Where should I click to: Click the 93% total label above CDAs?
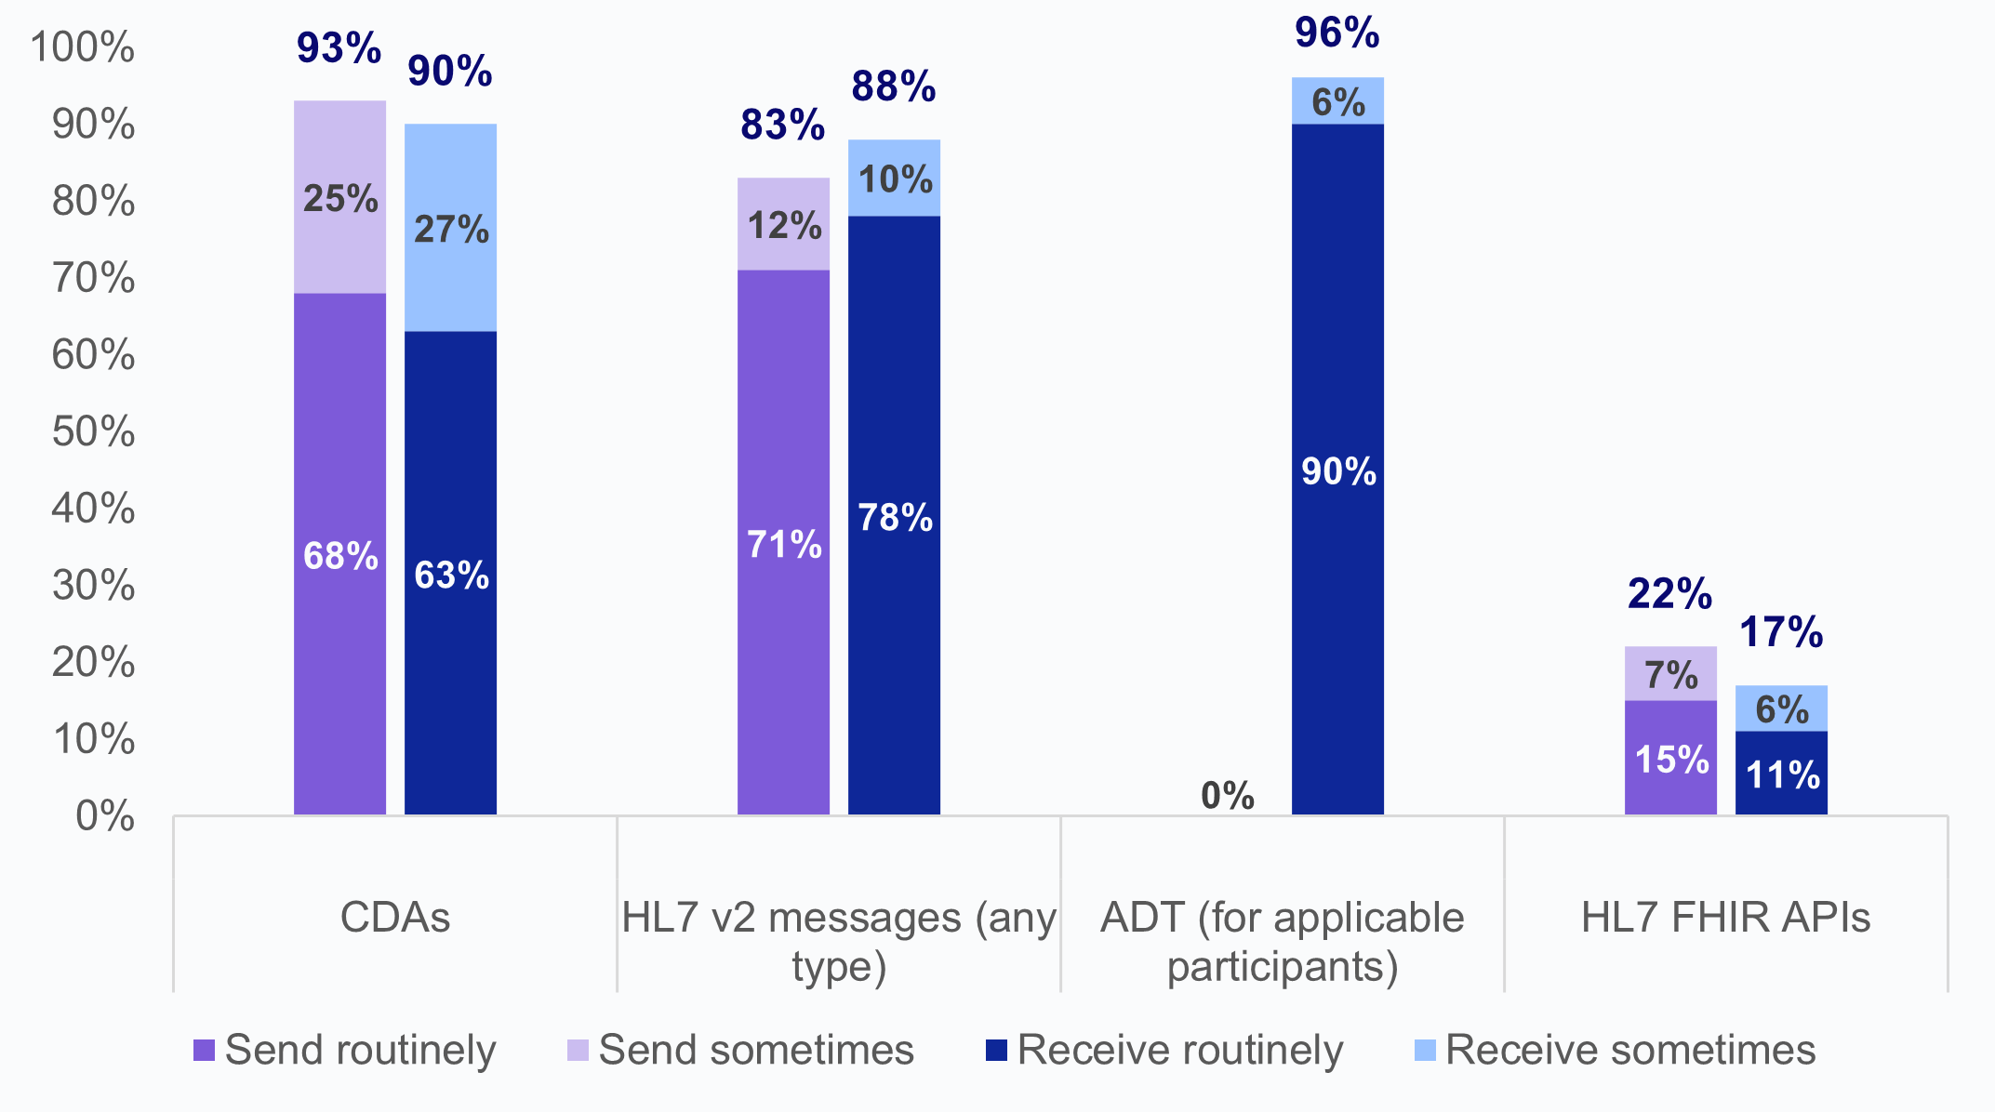pyautogui.click(x=339, y=48)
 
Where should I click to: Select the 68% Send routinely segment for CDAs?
pyautogui.click(x=339, y=555)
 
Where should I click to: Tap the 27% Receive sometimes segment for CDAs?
pyautogui.click(x=450, y=228)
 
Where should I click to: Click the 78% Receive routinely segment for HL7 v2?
pyautogui.click(x=894, y=516)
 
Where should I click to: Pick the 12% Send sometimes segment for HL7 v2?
pyautogui.click(x=783, y=225)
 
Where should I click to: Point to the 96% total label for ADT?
pyautogui.click(x=1337, y=33)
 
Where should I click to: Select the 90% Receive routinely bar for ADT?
pyautogui.click(x=1337, y=470)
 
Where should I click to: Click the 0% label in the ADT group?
pyautogui.click(x=1227, y=796)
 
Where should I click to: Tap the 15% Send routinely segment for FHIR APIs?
pyautogui.click(x=1670, y=759)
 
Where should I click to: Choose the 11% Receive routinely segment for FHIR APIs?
pyautogui.click(x=1781, y=774)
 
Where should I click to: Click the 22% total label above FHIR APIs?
pyautogui.click(x=1669, y=594)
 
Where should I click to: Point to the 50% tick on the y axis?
pyautogui.click(x=93, y=432)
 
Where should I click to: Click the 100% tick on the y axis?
pyautogui.click(x=84, y=47)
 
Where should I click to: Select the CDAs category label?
pyautogui.click(x=394, y=918)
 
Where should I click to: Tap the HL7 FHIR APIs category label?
pyautogui.click(x=1725, y=918)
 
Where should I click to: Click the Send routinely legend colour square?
pyautogui.click(x=204, y=1051)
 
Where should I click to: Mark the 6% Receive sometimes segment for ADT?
pyautogui.click(x=1337, y=101)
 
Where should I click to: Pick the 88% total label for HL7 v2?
pyautogui.click(x=893, y=86)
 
